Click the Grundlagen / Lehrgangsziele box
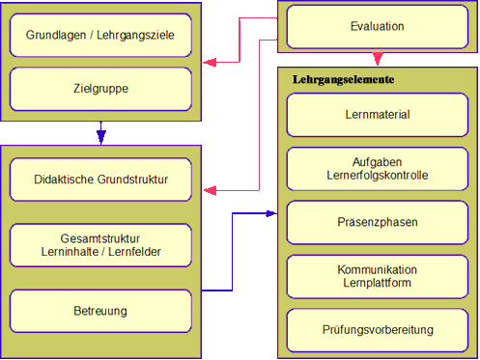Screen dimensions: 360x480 [x=100, y=36]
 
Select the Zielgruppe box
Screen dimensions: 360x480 [x=100, y=89]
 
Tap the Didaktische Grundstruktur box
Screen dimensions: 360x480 [x=100, y=180]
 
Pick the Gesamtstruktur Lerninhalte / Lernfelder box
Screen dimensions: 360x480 [x=100, y=245]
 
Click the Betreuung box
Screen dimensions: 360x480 [x=100, y=311]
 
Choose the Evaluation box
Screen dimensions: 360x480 [x=378, y=27]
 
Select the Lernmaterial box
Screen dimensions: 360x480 [x=378, y=114]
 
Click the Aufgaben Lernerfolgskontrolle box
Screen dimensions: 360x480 [x=378, y=168]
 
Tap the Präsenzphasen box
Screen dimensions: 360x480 [x=378, y=222]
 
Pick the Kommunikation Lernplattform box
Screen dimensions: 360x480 [x=378, y=276]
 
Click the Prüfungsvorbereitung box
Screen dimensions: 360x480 [x=378, y=330]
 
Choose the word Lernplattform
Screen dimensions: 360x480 [x=378, y=283]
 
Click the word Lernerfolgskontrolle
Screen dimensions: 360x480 [x=378, y=176]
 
